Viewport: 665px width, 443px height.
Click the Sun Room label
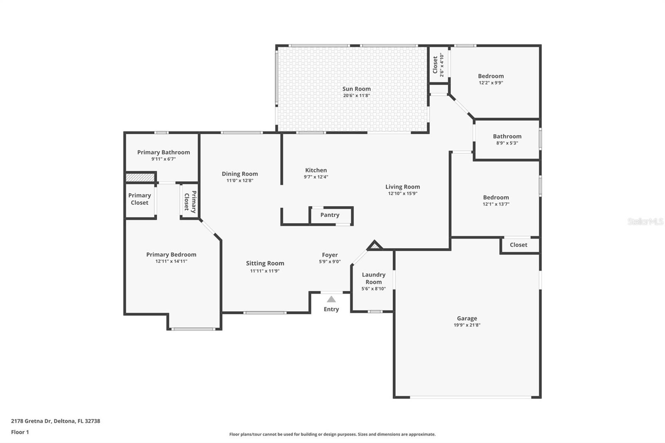[356, 89]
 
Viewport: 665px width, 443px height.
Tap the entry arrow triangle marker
[331, 299]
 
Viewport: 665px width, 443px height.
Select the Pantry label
[330, 215]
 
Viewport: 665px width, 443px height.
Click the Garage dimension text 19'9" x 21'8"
[467, 325]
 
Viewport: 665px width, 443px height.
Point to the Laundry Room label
[373, 278]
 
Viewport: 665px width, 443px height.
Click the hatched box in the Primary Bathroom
[140, 177]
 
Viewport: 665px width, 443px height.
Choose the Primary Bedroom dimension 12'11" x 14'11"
[171, 261]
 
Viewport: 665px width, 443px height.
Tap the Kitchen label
[316, 170]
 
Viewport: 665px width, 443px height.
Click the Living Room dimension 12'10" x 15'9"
[402, 194]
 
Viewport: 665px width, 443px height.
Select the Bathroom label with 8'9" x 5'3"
[507, 136]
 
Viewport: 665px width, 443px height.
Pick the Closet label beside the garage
[518, 245]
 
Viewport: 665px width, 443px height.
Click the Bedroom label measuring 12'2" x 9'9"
[490, 76]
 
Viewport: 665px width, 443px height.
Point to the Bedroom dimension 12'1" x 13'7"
[496, 204]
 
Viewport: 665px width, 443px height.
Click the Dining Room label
[239, 174]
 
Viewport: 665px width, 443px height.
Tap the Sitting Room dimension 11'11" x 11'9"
[265, 271]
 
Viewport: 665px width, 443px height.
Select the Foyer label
[330, 255]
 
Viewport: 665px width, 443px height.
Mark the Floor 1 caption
[20, 432]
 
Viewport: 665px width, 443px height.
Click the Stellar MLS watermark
[645, 221]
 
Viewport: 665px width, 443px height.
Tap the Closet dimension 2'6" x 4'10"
[442, 65]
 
